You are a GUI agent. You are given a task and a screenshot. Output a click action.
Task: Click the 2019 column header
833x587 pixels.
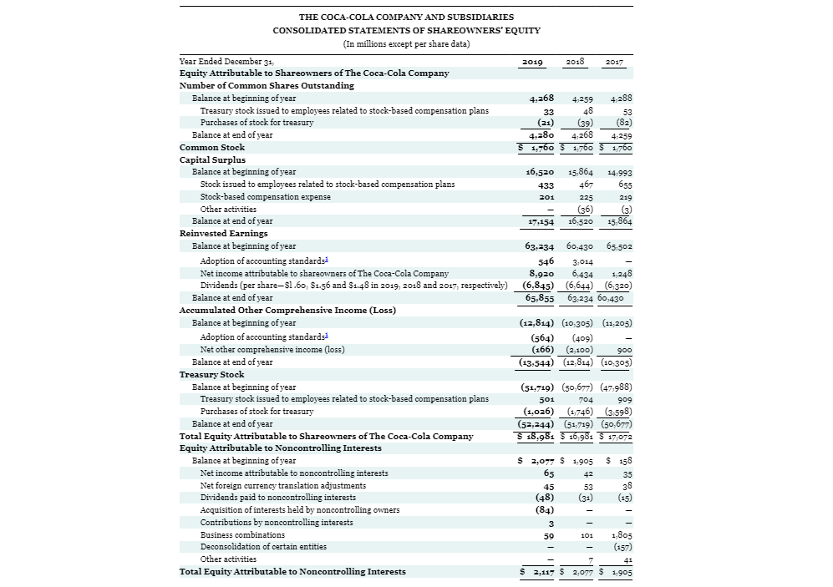(532, 62)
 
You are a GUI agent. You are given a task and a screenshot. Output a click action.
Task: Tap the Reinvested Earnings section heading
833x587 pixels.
(223, 234)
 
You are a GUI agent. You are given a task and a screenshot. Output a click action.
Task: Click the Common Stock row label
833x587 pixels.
(212, 147)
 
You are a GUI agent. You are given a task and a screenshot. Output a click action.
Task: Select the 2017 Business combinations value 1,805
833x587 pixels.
(621, 534)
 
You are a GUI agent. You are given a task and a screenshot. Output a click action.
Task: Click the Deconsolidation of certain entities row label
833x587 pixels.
(263, 547)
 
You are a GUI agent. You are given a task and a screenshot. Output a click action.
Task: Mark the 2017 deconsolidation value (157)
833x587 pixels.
(622, 547)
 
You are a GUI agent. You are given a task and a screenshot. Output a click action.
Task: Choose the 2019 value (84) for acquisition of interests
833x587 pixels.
(545, 509)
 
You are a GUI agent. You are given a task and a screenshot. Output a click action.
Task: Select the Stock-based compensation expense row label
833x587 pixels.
(265, 197)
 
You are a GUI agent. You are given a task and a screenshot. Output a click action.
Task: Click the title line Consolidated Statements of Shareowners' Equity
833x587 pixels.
(406, 30)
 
